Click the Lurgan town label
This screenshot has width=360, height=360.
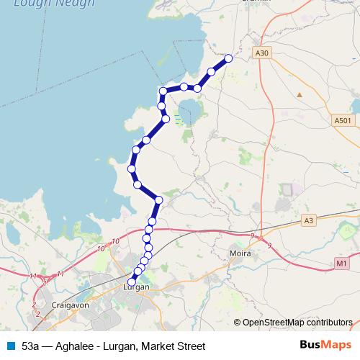[136, 287]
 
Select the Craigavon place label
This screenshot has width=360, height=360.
[70, 305]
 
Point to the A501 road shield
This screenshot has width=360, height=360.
[343, 121]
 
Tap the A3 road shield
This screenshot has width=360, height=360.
[309, 220]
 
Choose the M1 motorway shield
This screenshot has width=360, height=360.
[342, 264]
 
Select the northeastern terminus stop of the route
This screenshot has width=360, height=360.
[229, 58]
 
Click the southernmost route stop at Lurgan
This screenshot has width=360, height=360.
[132, 282]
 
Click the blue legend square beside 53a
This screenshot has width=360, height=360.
[11, 346]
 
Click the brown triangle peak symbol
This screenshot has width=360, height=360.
[299, 94]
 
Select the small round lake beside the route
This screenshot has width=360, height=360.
[190, 111]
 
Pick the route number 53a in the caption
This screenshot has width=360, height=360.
[30, 346]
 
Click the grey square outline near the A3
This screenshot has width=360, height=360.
[288, 189]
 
